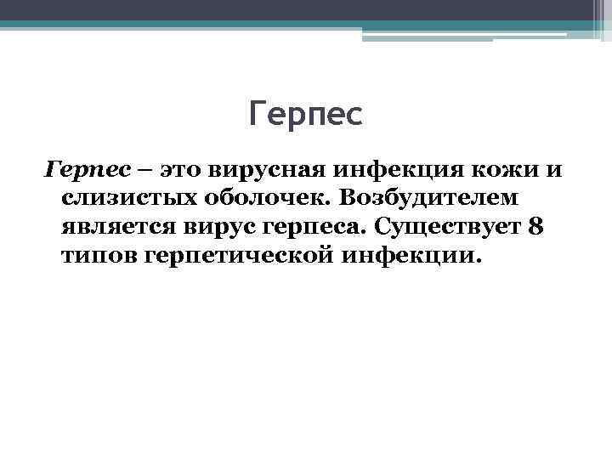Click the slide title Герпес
pyautogui.click(x=306, y=114)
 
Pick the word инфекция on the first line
pyautogui.click(x=404, y=170)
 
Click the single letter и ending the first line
pyautogui.click(x=554, y=171)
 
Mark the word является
pyautogui.click(x=116, y=227)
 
